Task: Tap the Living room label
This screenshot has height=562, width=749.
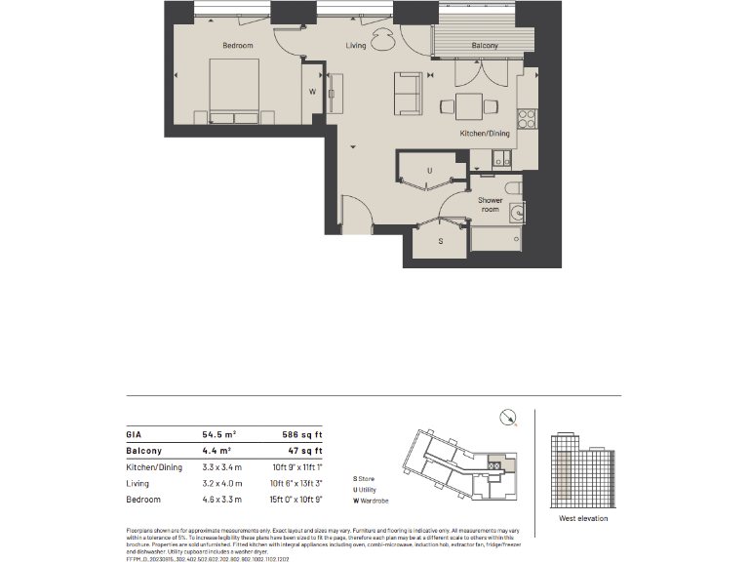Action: click(x=356, y=46)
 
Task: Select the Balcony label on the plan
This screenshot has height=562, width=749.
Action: click(x=485, y=46)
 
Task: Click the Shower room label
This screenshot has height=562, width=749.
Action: click(x=490, y=205)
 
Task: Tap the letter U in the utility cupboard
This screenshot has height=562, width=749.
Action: click(x=430, y=171)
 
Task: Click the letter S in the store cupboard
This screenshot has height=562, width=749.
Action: click(x=440, y=240)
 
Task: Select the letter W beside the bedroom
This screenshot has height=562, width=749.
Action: click(x=312, y=92)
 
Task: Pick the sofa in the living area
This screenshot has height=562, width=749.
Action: click(x=407, y=92)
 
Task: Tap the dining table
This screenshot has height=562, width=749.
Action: click(x=469, y=105)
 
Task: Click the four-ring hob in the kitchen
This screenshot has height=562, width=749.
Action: click(x=528, y=119)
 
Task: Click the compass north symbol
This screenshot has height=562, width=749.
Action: click(x=506, y=418)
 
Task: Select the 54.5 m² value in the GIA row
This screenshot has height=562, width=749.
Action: click(x=219, y=435)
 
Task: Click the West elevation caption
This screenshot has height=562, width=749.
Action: click(x=583, y=518)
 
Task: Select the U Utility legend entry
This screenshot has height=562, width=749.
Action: click(x=367, y=490)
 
